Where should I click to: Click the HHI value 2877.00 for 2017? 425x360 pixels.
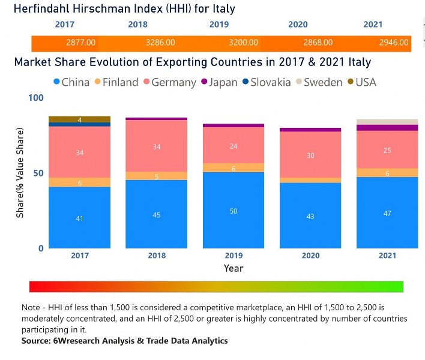coord(81,43)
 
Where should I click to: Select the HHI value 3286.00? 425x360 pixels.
coord(160,43)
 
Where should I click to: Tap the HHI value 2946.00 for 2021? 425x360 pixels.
coord(394,43)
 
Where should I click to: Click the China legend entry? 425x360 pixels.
coord(70,82)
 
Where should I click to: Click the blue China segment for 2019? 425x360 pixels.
coord(234,211)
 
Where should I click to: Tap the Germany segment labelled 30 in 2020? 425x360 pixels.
coord(310,155)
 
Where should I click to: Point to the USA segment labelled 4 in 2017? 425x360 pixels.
coord(80,119)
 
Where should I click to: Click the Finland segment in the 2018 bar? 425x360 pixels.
coord(157,176)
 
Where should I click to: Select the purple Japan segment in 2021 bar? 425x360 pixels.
coord(387,128)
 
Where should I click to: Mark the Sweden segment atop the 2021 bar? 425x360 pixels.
coord(387,122)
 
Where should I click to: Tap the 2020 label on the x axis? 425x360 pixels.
coord(310,256)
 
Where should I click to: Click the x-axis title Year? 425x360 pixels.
coord(234,268)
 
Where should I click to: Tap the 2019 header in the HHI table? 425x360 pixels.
coord(219,25)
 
